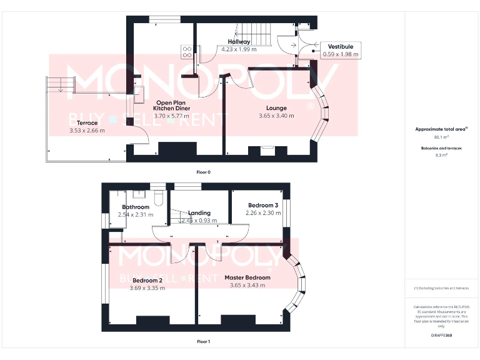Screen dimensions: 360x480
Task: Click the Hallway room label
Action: click(239, 42)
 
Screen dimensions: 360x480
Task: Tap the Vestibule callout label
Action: click(341, 47)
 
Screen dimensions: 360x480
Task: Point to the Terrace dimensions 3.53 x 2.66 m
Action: click(87, 130)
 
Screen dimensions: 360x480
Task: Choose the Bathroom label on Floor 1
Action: click(136, 207)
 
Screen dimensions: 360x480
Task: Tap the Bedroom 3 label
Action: click(263, 205)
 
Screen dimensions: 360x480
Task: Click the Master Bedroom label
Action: click(249, 277)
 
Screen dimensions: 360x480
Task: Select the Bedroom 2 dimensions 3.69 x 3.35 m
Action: click(146, 287)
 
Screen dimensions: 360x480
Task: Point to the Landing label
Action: click(199, 213)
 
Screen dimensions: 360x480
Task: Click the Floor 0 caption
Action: click(204, 171)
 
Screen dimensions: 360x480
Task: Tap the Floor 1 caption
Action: click(204, 341)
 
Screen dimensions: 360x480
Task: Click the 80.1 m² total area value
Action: click(441, 136)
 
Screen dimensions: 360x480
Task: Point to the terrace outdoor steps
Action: click(59, 84)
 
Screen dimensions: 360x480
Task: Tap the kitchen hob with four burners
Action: click(186, 51)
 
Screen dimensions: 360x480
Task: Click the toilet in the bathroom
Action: click(159, 198)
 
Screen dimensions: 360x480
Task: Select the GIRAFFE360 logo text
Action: click(441, 336)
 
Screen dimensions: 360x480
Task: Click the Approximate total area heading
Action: click(441, 129)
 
